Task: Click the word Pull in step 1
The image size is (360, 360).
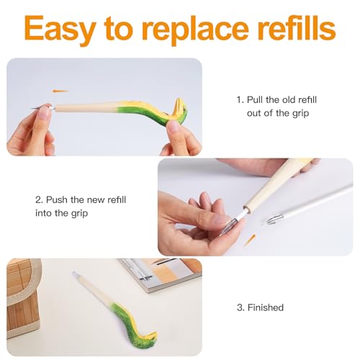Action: pyautogui.click(x=255, y=99)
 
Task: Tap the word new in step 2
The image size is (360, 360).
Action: pyautogui.click(x=96, y=200)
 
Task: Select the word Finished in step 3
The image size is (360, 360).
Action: pyautogui.click(x=266, y=307)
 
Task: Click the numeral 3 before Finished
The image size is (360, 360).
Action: pyautogui.click(x=240, y=307)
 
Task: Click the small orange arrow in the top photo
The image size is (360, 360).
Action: pyautogui.click(x=60, y=91)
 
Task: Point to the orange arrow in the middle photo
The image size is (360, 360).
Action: pyautogui.click(x=249, y=240)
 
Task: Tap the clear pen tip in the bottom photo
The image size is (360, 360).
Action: pyautogui.click(x=76, y=274)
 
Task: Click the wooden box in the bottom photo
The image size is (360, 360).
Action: pyautogui.click(x=24, y=297)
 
